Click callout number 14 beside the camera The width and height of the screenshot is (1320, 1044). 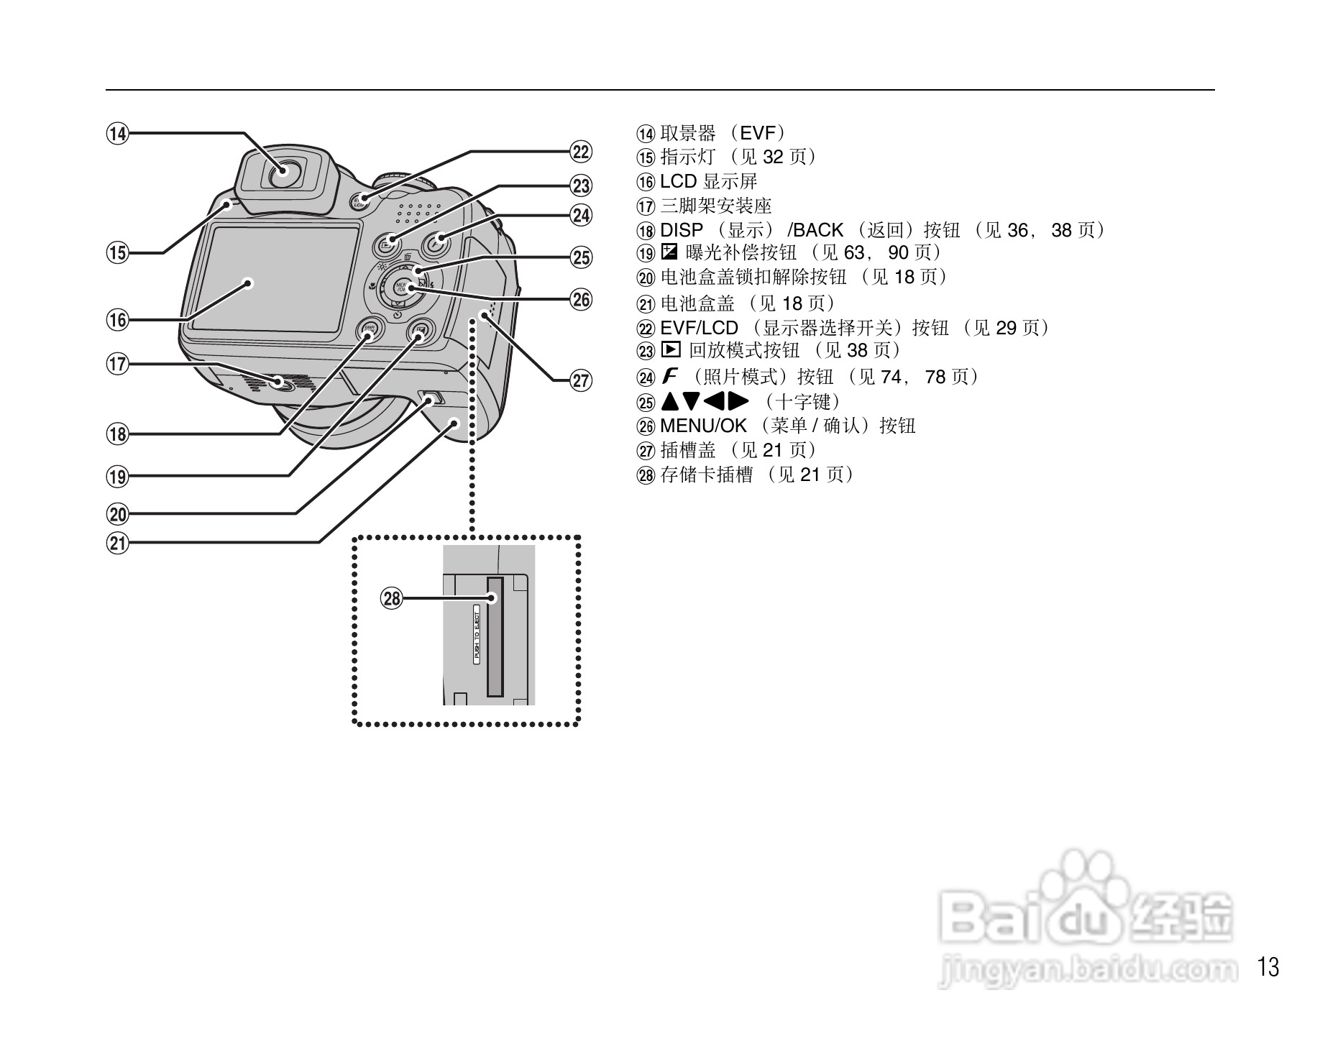click(x=117, y=133)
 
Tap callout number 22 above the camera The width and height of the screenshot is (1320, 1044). click(x=581, y=152)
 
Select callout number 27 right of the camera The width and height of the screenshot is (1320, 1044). click(x=581, y=380)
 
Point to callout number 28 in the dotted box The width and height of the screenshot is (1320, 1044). click(x=392, y=598)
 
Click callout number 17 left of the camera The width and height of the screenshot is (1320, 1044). click(x=117, y=364)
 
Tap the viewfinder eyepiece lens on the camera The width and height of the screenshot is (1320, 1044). click(x=286, y=172)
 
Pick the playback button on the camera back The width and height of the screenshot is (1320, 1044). click(x=388, y=244)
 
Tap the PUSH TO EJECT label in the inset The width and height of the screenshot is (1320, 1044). click(x=476, y=633)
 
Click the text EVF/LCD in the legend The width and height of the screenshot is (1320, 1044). click(x=699, y=329)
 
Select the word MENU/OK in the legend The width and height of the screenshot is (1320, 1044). click(x=703, y=426)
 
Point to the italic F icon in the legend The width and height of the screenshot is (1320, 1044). click(x=670, y=376)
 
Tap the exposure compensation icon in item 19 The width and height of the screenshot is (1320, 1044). click(x=669, y=252)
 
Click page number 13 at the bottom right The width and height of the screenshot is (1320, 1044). click(x=1269, y=967)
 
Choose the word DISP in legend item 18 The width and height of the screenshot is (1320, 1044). click(x=681, y=231)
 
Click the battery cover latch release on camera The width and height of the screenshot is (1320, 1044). click(x=430, y=398)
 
